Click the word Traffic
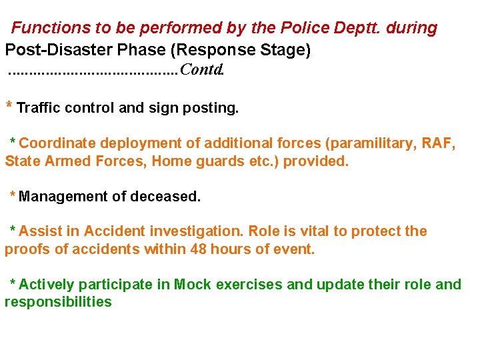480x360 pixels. (39, 107)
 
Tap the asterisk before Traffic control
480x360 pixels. (9, 105)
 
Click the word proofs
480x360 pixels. (26, 250)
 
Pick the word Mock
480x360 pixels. (190, 285)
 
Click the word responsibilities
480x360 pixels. (58, 302)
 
